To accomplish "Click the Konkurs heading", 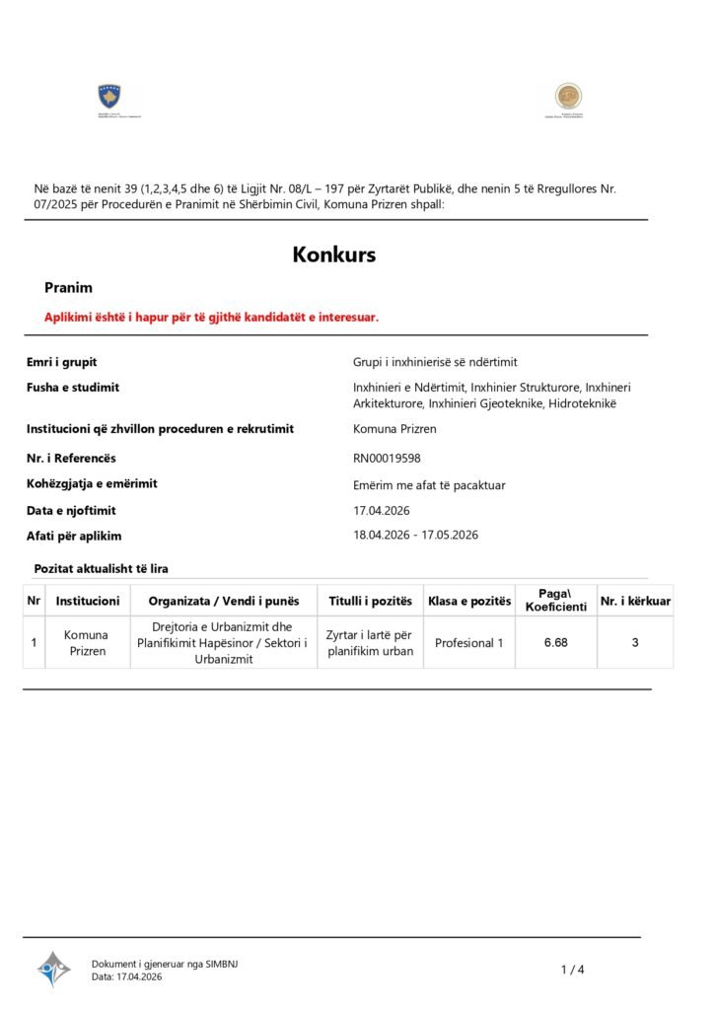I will [333, 254].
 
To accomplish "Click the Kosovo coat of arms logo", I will [108, 98].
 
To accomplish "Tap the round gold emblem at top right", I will [567, 97].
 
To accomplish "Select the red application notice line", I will [211, 317].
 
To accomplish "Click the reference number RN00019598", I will [393, 458].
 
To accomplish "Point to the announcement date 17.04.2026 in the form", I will [381, 510].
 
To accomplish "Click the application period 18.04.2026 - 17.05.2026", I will [415, 535].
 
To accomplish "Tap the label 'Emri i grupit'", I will [61, 362].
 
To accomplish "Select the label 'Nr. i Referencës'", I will [71, 458].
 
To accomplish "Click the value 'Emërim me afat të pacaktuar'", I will [429, 484].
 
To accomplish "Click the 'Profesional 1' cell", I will [468, 643].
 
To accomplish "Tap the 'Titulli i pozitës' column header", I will [370, 601].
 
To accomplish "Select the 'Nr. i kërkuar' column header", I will [635, 601].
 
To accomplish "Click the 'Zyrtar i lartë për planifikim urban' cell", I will [370, 643].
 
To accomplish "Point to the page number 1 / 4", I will [572, 970].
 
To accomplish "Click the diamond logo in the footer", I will [53, 969].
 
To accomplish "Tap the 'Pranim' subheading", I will [68, 288].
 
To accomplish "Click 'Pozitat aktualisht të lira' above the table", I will [101, 568].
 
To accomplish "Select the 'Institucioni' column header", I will [88, 601].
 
